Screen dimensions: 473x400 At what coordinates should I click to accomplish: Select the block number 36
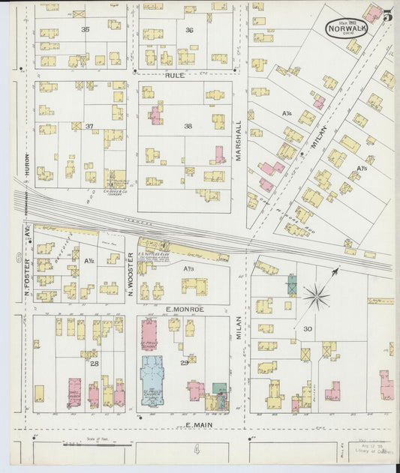coord(189,30)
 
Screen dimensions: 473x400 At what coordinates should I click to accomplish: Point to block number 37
coord(89,126)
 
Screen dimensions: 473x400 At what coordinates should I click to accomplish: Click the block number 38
coord(188,126)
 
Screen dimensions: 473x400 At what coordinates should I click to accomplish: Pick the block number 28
coord(94,364)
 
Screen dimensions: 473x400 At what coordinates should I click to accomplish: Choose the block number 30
coord(307,328)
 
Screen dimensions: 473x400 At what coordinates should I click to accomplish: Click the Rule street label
coord(175,75)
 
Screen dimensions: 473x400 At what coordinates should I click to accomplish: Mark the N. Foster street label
coord(26,274)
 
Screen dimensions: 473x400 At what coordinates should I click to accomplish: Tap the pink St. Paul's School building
coord(149,334)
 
